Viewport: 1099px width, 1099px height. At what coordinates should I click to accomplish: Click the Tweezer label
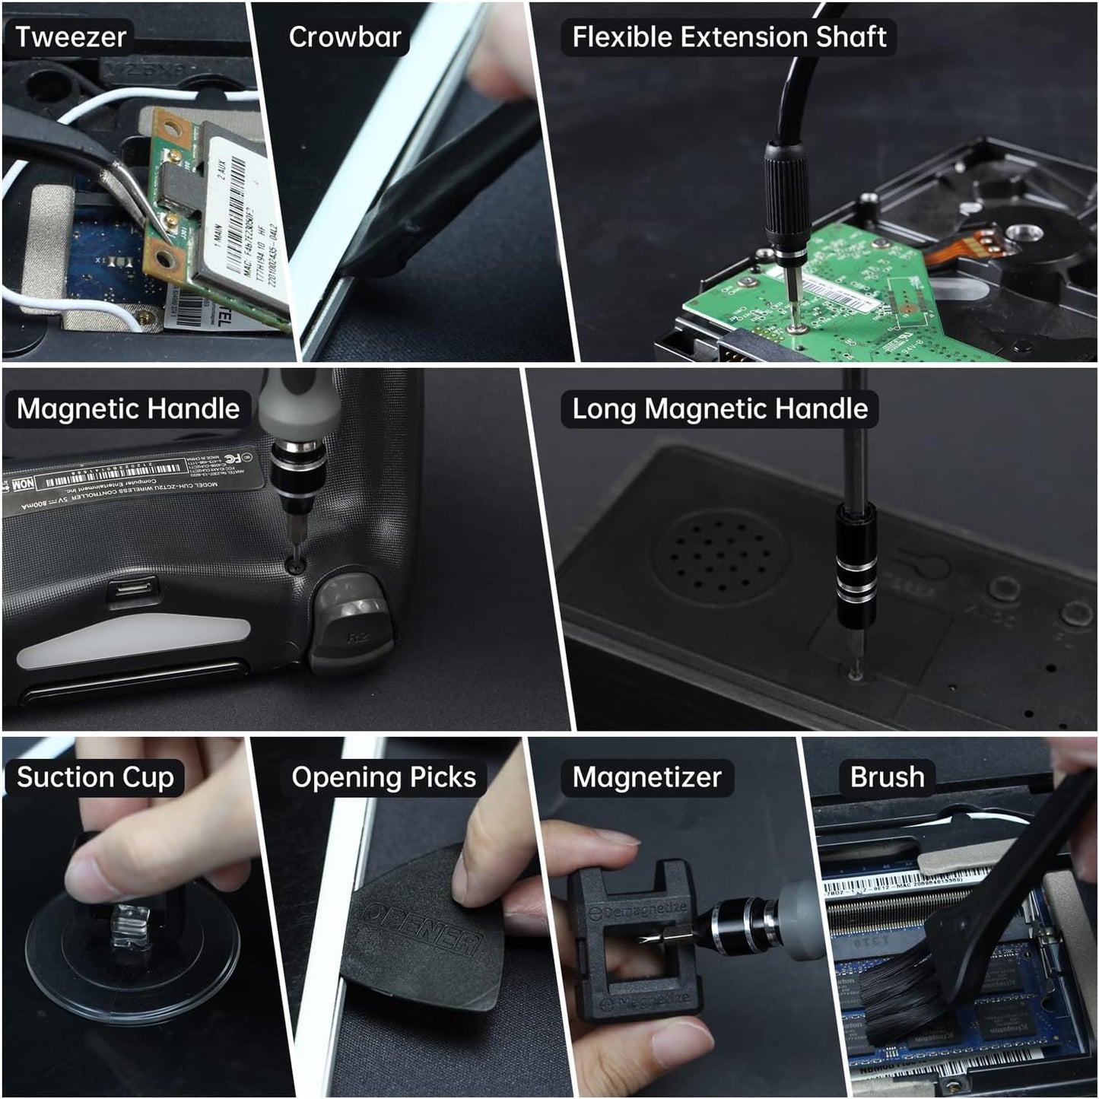coord(70,37)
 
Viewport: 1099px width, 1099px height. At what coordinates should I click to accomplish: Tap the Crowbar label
coord(345,37)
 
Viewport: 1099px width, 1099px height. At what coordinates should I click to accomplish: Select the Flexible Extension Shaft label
coord(729,37)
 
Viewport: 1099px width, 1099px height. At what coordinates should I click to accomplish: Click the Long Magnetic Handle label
coord(719,409)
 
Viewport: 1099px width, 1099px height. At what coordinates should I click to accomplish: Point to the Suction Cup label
coord(95,777)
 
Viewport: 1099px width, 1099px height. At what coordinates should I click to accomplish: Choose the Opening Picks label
coord(383,777)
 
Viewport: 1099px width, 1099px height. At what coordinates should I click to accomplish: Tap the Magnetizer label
coord(646,777)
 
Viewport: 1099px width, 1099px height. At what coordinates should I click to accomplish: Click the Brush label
coord(887,777)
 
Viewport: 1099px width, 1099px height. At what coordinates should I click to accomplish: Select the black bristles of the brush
coord(905,996)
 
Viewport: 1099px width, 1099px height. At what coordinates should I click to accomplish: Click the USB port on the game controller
coord(133,591)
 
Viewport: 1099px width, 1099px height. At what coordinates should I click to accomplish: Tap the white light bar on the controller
coord(133,640)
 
